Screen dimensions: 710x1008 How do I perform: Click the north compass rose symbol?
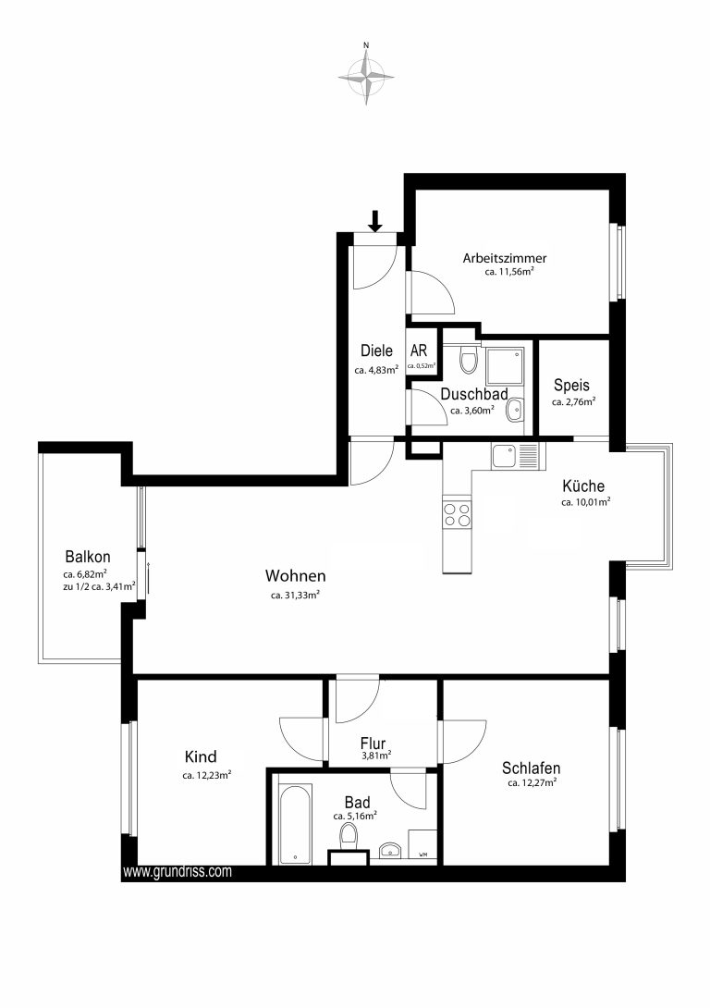click(x=366, y=77)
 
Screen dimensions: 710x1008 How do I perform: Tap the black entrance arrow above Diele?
click(x=376, y=221)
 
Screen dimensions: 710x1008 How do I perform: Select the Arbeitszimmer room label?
click(x=505, y=258)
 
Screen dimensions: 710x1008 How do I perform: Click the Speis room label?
click(x=572, y=386)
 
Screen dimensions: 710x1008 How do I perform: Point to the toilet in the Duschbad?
click(x=470, y=360)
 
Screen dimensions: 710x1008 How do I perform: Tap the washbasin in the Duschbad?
click(x=514, y=410)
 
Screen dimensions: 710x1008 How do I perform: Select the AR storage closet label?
click(x=419, y=351)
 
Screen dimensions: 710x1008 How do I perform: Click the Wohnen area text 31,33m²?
click(x=296, y=596)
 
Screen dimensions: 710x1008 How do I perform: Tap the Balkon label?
click(x=88, y=557)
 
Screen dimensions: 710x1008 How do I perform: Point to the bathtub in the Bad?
click(x=295, y=823)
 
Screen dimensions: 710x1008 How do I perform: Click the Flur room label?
click(x=373, y=744)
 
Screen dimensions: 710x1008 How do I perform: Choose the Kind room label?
click(x=201, y=756)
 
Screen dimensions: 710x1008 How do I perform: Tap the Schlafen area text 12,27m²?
click(x=532, y=783)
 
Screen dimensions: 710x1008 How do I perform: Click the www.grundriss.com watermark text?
click(x=177, y=872)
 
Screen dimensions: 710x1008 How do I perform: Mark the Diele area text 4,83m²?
click(x=376, y=370)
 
